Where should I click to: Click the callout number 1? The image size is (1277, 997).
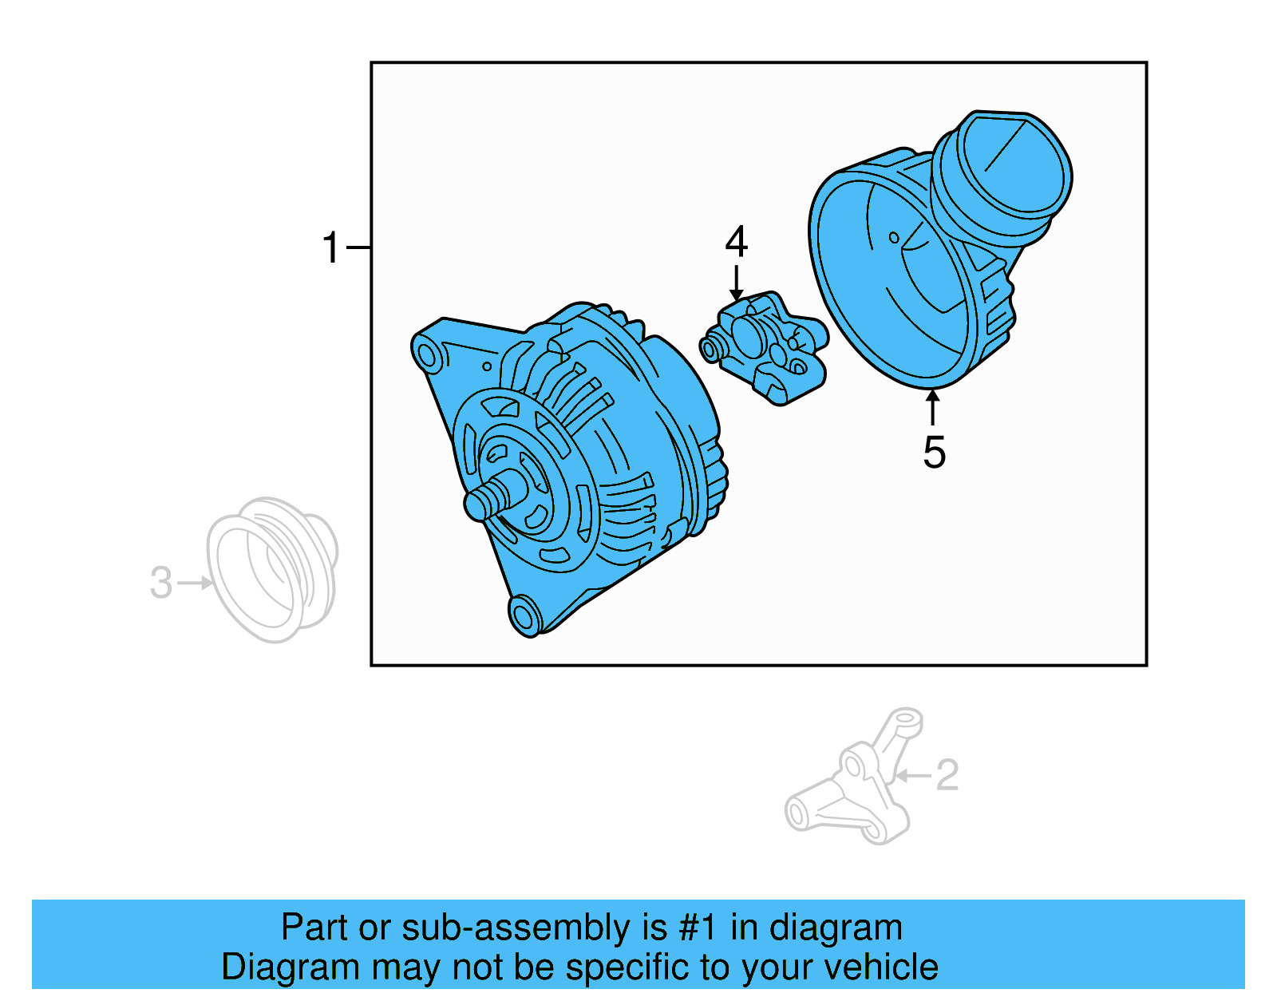coord(330,247)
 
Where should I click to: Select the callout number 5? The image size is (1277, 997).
coord(934,453)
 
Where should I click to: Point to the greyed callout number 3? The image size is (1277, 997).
coord(161,583)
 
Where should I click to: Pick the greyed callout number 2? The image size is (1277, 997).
coord(947,775)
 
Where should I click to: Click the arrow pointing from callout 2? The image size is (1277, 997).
coord(911,775)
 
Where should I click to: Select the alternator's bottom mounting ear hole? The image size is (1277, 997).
coord(524,617)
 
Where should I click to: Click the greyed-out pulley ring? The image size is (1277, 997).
coord(271,568)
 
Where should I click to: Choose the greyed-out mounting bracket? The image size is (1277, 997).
coord(854,790)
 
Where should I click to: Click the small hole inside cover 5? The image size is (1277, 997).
coord(894,237)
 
